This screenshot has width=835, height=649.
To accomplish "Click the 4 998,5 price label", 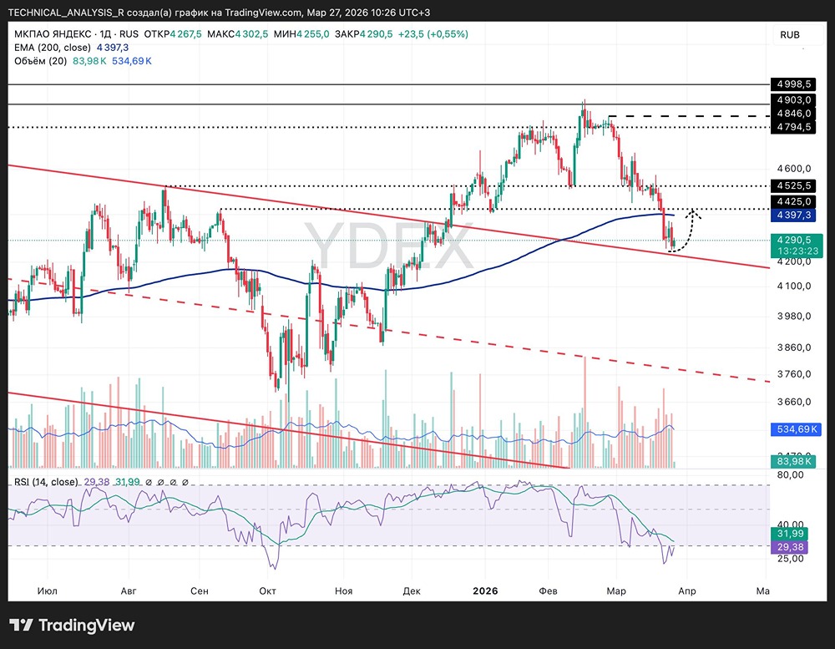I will pos(793,84).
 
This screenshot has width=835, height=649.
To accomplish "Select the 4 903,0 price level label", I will pos(793,99).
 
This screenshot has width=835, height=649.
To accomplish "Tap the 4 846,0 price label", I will pos(793,113).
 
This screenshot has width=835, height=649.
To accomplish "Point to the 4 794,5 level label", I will pos(793,127).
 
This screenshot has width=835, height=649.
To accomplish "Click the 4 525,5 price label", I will pos(793,185).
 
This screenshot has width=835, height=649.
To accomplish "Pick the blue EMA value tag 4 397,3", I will pos(793,215).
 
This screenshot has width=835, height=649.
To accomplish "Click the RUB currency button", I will pos(789,34).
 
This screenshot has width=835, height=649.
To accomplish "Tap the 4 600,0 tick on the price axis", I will pos(793,168).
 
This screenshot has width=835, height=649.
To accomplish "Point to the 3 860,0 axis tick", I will pos(793,347).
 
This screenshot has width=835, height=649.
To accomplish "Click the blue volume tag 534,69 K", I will pos(794,429).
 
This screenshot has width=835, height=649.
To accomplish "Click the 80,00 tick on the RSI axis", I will pos(789,474).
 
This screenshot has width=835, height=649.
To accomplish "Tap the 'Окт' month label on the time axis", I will pos(268,591).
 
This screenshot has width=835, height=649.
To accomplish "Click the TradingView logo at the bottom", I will pos(72,626).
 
